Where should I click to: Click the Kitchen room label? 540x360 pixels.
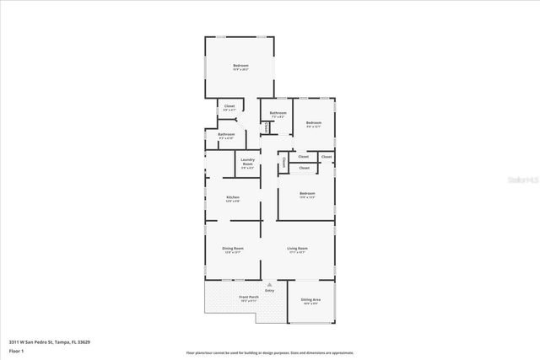233,197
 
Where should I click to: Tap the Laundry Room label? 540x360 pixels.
248,161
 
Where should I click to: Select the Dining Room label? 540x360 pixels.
233,249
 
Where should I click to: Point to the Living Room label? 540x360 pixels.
297,249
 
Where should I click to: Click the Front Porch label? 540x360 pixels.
248,298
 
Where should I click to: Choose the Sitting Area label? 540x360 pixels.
310,299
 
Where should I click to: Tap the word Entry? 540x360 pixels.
270,291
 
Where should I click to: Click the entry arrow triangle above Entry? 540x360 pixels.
270,285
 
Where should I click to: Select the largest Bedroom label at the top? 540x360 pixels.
241,66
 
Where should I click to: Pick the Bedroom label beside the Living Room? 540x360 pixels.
307,193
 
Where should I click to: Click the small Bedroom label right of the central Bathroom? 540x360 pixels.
314,123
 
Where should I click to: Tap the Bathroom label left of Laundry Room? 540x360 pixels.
226,135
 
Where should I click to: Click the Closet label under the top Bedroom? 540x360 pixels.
229,106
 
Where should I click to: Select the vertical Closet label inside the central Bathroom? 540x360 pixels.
267,126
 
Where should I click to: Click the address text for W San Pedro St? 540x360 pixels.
50,341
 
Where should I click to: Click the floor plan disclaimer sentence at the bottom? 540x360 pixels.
270,352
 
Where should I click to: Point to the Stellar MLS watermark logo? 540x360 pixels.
506,180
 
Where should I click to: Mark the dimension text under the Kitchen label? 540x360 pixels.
233,201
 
